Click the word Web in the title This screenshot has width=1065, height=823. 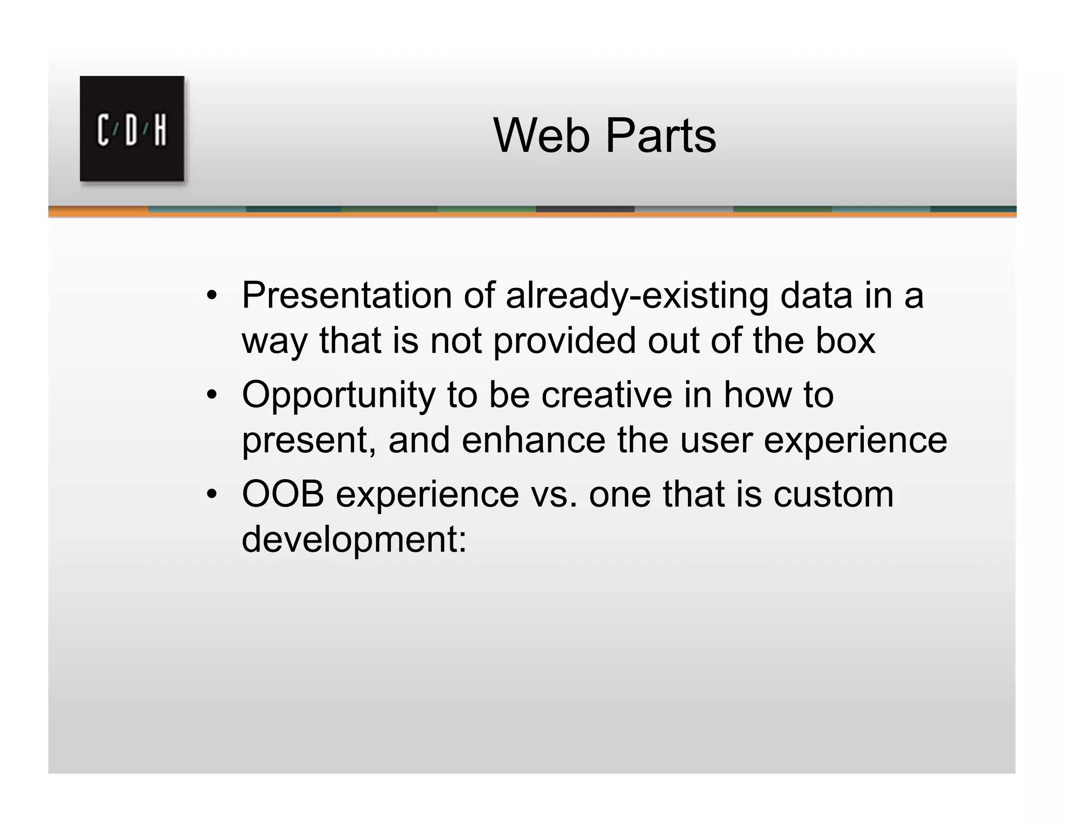click(541, 136)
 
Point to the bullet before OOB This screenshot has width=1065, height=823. click(211, 495)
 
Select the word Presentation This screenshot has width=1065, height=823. click(347, 295)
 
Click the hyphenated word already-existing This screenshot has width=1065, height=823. click(637, 295)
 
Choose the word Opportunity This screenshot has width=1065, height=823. click(339, 395)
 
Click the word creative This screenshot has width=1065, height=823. click(606, 394)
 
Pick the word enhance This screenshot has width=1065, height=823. click(534, 440)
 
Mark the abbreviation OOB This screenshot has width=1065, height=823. click(283, 494)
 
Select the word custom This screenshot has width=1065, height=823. click(833, 494)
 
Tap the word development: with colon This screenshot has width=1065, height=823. click(354, 540)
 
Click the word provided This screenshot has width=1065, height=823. click(564, 341)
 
